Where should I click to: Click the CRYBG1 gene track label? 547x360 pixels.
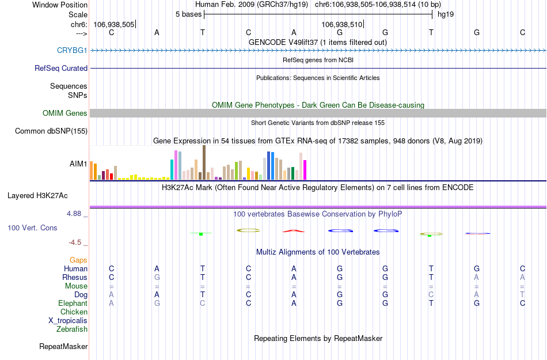point(72,51)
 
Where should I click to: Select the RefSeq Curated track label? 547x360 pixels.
point(61,68)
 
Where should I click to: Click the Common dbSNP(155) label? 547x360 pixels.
point(51,131)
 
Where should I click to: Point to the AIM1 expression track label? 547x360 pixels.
point(78,164)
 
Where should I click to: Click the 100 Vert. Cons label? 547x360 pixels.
point(32,228)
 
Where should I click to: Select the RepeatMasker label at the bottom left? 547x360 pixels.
point(63,347)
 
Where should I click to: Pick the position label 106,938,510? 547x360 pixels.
point(342,24)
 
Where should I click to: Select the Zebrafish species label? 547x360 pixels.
point(72,329)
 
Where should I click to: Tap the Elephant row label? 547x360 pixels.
point(73,304)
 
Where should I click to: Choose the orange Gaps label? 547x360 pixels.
point(78,260)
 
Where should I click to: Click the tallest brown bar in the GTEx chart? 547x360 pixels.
point(204,163)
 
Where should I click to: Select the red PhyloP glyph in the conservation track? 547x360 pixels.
point(293,232)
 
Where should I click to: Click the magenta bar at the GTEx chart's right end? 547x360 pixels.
point(305,170)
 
